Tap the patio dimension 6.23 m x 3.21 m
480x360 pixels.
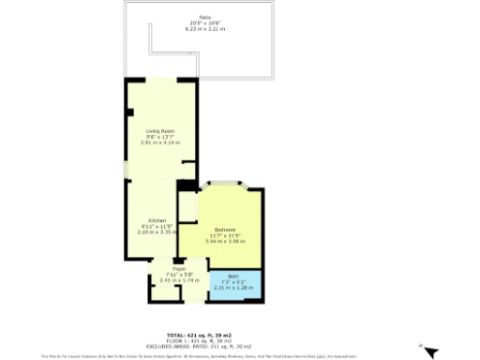[205, 29]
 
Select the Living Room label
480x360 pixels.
[159, 130]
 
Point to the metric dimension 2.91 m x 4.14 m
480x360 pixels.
[159, 142]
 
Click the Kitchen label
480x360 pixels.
[157, 220]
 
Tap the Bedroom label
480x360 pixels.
[224, 230]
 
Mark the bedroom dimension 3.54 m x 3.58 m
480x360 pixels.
[224, 241]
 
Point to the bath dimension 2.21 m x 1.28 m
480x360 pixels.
[233, 288]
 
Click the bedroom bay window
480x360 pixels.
[224, 184]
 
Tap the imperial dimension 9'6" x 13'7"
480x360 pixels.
[159, 136]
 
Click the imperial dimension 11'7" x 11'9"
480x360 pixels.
[224, 235]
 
